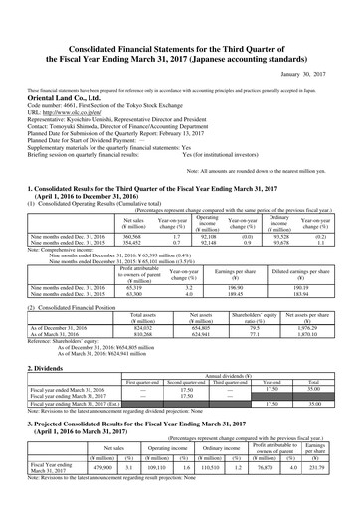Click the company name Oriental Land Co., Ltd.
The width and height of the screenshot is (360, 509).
click(68, 71)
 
